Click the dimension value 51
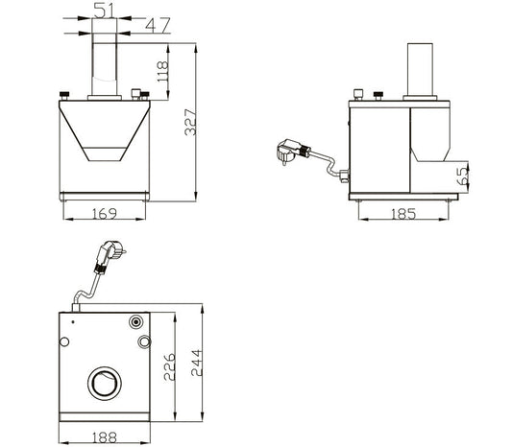click(x=105, y=10)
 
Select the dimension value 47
click(x=158, y=26)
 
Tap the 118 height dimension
click(x=162, y=71)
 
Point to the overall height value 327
click(x=190, y=122)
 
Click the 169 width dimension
click(x=104, y=214)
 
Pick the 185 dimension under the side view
click(x=403, y=214)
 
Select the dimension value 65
click(x=464, y=176)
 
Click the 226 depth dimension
click(x=169, y=366)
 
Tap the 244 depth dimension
click(x=197, y=363)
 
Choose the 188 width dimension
click(x=105, y=437)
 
